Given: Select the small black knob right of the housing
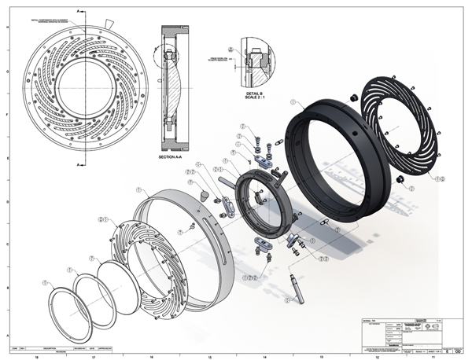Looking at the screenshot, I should pyautogui.click(x=400, y=182).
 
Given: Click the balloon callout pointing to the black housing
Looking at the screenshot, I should pyautogui.click(x=293, y=102).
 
